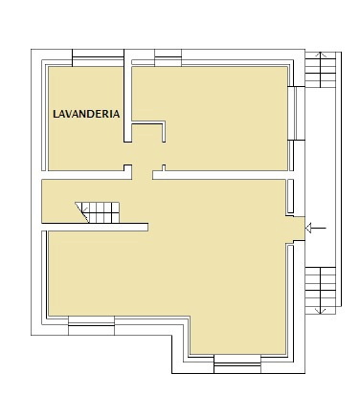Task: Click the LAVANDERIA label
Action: (x=86, y=113)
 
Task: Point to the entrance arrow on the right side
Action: (x=319, y=228)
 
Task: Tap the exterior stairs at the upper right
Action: (x=322, y=69)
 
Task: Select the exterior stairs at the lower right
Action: (x=323, y=286)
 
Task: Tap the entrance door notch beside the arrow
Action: (x=299, y=227)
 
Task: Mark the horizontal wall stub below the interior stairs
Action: (x=96, y=226)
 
